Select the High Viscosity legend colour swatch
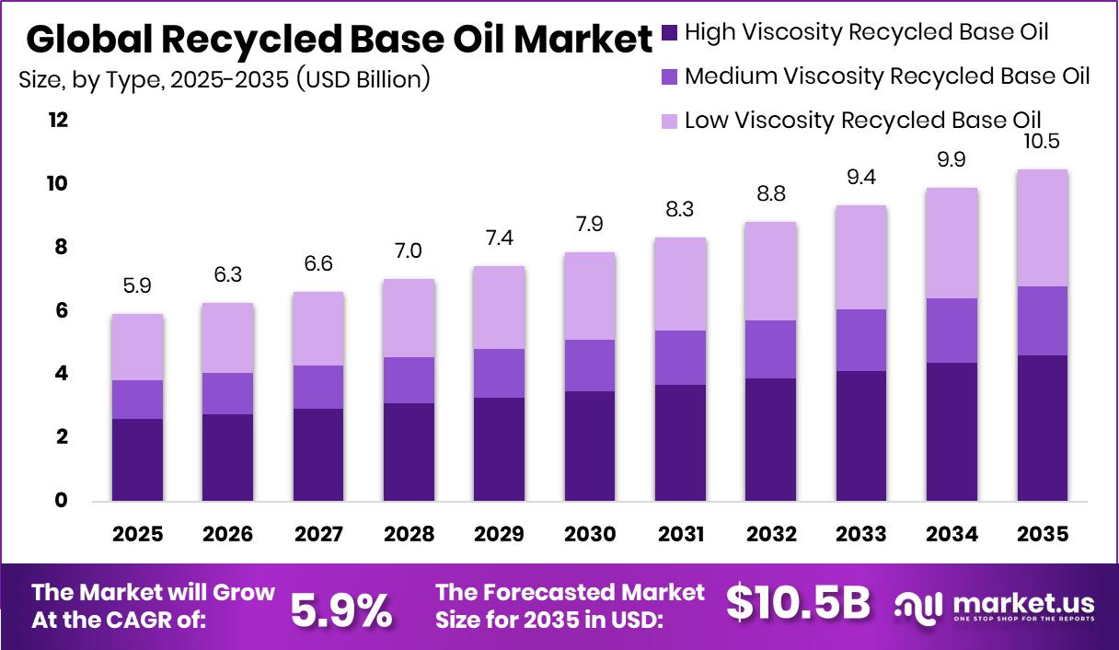pos(669,33)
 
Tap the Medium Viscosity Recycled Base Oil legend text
pos(887,76)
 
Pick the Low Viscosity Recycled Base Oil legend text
pos(862,121)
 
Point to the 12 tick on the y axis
pos(58,121)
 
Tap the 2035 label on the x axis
pos(1043,535)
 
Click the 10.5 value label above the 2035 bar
pos(1043,143)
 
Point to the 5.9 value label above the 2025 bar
pos(138,287)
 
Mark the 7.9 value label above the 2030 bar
pos(590,226)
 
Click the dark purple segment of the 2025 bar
pos(138,459)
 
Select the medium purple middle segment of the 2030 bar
pos(590,366)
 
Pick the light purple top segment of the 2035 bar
pos(1043,228)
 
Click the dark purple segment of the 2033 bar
pos(861,435)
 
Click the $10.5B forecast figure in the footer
pos(797,604)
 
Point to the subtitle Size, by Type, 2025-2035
pos(225,80)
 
